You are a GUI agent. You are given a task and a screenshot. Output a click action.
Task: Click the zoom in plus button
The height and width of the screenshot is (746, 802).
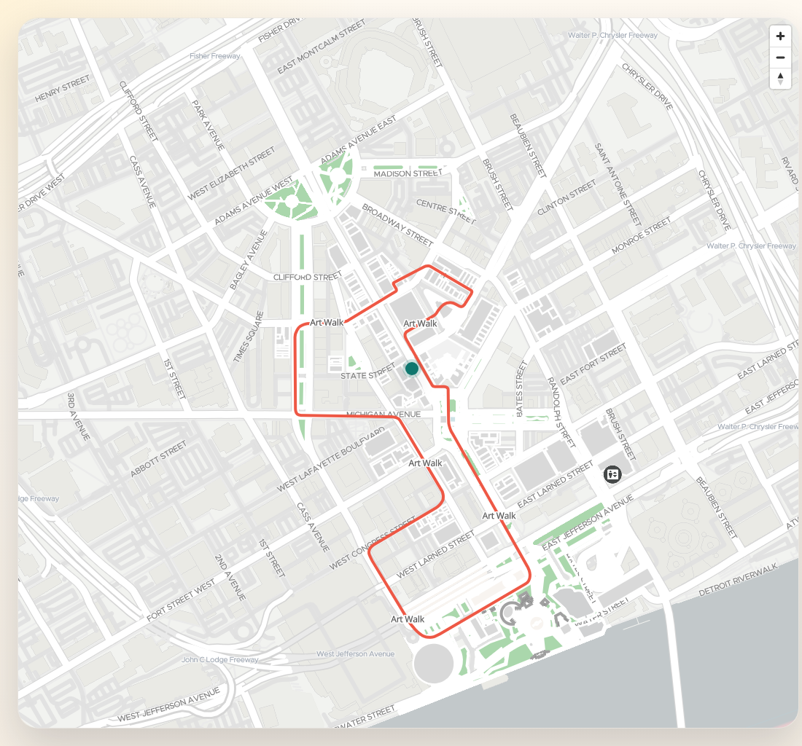pyautogui.click(x=780, y=36)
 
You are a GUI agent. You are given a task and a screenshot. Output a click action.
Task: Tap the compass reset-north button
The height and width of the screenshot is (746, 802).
pyautogui.click(x=780, y=78)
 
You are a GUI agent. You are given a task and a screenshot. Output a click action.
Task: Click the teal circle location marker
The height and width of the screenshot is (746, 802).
pyautogui.click(x=411, y=369)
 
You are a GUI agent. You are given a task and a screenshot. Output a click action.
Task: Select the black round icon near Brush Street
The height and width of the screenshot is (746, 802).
pyautogui.click(x=612, y=474)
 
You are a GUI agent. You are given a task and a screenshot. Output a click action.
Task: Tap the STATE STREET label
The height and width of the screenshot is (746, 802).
pyautogui.click(x=367, y=376)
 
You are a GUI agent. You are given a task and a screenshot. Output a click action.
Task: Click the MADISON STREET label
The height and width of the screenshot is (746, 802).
pyautogui.click(x=407, y=173)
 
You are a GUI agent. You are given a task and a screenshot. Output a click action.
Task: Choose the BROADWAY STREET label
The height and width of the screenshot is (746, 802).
pyautogui.click(x=397, y=224)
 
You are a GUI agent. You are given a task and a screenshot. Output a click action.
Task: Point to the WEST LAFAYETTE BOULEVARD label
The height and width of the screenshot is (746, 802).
pyautogui.click(x=331, y=460)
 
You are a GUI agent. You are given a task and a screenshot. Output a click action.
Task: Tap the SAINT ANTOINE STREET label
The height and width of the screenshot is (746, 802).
pyautogui.click(x=618, y=183)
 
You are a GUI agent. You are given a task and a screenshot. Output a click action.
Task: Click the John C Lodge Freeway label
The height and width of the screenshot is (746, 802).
pyautogui.click(x=219, y=660)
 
